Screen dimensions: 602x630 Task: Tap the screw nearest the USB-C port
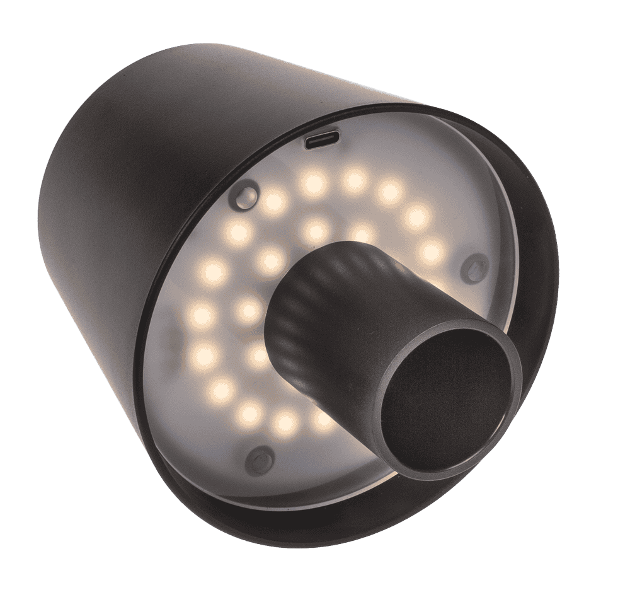[247, 195]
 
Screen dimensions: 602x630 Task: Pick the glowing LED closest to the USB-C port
[313, 183]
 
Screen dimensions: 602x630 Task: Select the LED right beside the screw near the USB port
[273, 202]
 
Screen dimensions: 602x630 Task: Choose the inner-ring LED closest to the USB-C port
[316, 230]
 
